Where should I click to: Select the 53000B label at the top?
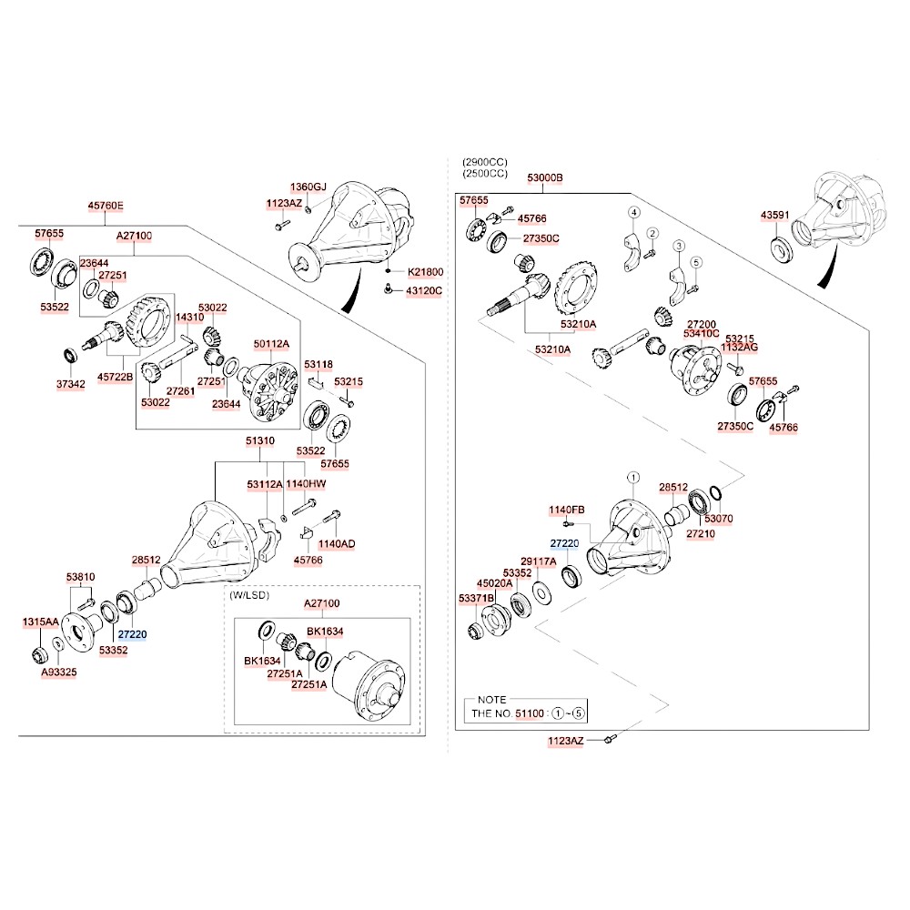pos(544,177)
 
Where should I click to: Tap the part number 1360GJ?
pos(308,187)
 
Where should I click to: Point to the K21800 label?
pos(425,271)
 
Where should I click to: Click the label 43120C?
pos(423,290)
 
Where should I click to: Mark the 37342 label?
pos(70,384)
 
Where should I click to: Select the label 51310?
pos(259,440)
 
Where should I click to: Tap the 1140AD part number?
pos(337,544)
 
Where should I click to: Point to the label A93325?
pos(59,672)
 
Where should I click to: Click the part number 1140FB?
pos(566,509)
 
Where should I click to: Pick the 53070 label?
pos(719,518)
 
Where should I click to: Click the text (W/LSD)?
pos(249,596)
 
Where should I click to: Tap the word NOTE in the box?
pos(491,700)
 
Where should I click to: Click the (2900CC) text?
pos(484,161)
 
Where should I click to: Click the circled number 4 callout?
pos(634,213)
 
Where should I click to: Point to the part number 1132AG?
pos(739,347)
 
